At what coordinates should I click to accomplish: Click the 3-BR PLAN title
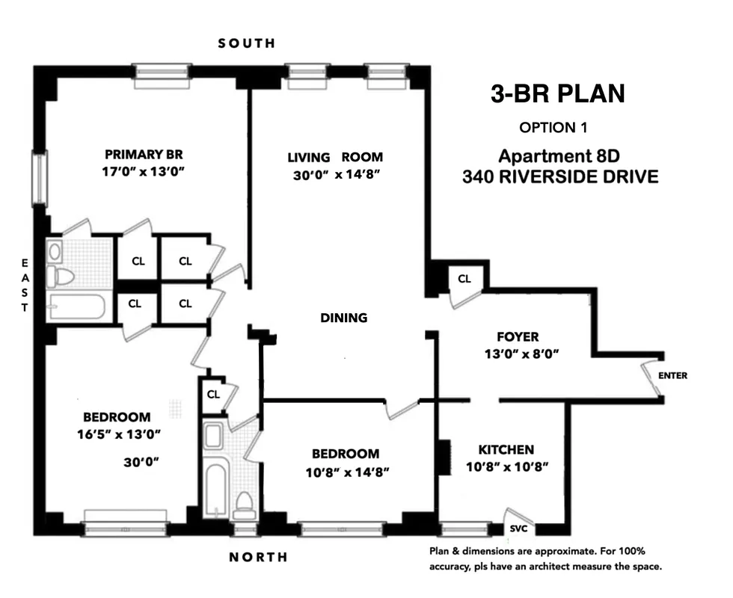coord(557,94)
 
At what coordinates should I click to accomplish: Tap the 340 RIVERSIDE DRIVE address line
coord(560,177)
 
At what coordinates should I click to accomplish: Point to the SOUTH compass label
coord(247,43)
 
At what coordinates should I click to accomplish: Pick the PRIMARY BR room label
coord(144,155)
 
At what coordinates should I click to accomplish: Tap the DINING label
coord(344,318)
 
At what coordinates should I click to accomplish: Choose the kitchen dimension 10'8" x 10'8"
coord(506,467)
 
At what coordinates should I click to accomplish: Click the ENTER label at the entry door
coord(672,376)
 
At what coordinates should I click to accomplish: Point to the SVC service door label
coord(518,528)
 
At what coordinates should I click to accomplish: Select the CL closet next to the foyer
coord(464,279)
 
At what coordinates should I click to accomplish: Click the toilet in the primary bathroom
coord(61,277)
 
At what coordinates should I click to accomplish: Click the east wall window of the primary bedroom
coord(39,179)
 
